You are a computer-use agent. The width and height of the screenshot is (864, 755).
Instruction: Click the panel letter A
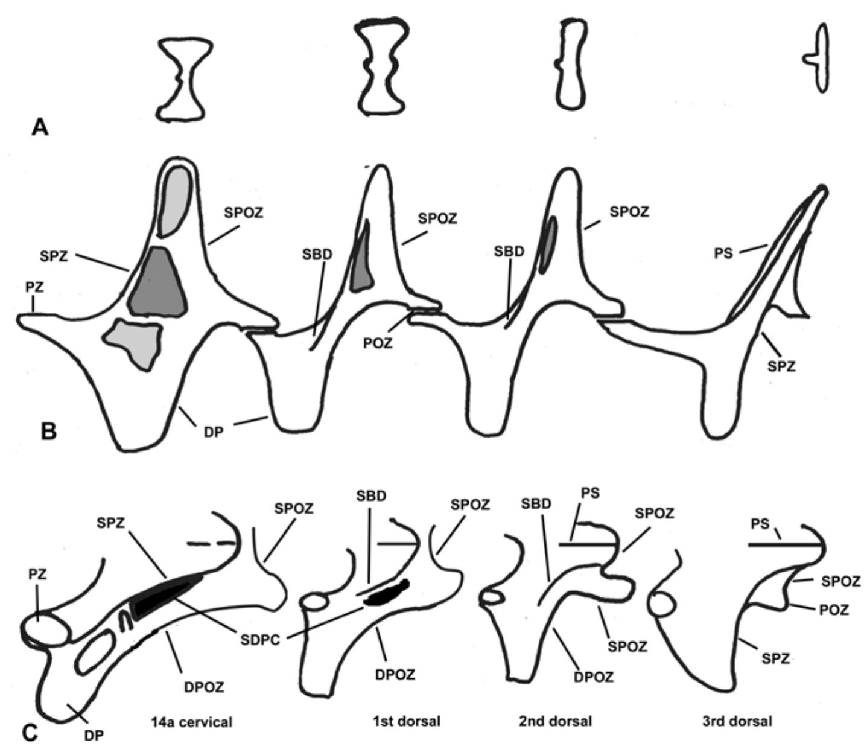(40, 127)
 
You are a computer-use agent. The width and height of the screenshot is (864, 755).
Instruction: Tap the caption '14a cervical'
(192, 721)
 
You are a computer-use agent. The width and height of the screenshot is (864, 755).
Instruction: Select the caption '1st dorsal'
(406, 721)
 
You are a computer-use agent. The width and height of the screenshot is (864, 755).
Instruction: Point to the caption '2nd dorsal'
(555, 721)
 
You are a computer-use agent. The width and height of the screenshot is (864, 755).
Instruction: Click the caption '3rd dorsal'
(737, 721)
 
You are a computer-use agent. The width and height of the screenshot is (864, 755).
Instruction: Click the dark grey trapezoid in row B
(157, 282)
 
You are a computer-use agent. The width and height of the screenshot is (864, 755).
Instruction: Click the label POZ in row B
(378, 343)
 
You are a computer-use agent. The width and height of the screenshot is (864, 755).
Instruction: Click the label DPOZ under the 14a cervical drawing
(204, 687)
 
